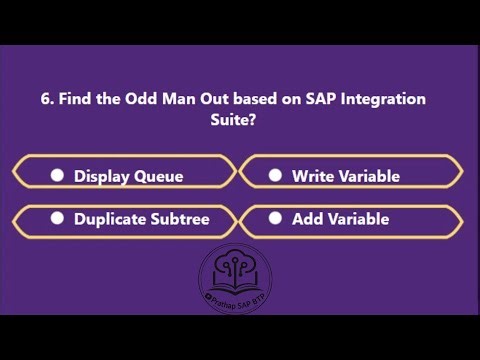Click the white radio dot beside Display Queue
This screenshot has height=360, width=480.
point(58,175)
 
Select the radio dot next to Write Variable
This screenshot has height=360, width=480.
point(276,175)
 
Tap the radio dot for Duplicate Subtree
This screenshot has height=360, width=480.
point(58,218)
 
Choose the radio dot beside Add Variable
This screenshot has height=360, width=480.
point(276,218)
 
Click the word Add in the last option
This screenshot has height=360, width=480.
point(307,218)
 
